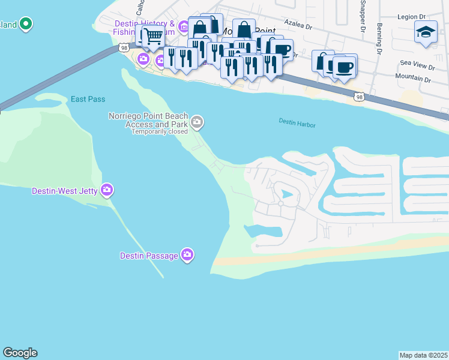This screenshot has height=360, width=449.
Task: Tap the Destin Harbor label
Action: click(x=297, y=122)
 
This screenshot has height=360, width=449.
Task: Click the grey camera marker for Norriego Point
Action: click(x=197, y=123)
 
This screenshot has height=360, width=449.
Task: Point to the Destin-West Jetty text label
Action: click(x=65, y=191)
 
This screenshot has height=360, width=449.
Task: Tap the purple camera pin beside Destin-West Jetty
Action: click(x=107, y=190)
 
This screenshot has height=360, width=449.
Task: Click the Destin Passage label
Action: click(x=148, y=256)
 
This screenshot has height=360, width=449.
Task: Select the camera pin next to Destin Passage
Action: click(x=187, y=256)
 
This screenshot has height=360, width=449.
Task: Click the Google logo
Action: click(x=20, y=353)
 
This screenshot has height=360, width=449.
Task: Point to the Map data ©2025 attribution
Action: click(x=424, y=355)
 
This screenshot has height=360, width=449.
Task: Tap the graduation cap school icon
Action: click(x=426, y=32)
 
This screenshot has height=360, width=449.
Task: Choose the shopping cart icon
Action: click(x=152, y=36)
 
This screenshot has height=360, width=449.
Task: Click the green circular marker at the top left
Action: click(x=25, y=24)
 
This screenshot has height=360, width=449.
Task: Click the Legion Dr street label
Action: click(x=411, y=17)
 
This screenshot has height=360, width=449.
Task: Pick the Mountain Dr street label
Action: click(x=413, y=79)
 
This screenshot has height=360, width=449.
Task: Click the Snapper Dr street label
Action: click(x=362, y=15)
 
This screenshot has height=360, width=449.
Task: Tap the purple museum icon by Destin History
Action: click(x=184, y=27)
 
